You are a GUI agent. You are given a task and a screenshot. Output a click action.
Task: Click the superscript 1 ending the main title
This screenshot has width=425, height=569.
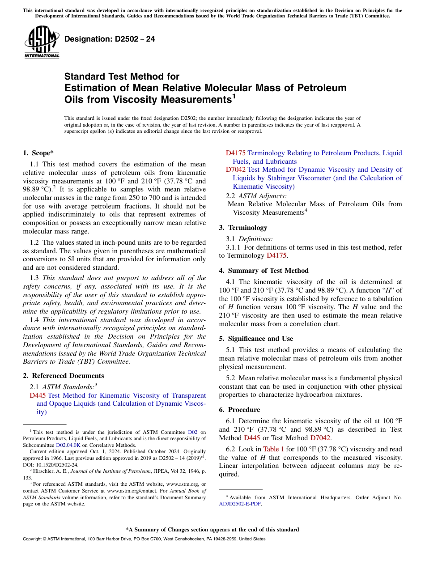(x=234, y=96)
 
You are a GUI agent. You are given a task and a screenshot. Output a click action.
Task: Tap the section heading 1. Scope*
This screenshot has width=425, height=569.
(x=38, y=153)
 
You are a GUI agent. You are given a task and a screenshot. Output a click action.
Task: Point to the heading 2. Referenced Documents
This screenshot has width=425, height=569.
(x=63, y=376)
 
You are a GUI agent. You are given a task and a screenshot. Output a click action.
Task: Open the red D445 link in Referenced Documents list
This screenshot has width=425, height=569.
(x=38, y=395)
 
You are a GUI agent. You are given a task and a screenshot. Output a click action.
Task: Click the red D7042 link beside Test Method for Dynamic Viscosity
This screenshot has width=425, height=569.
(x=235, y=170)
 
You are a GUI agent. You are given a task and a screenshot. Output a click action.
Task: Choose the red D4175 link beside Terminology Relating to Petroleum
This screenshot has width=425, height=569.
(x=235, y=153)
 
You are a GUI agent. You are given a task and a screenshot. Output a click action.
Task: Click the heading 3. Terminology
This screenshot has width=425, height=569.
(x=243, y=227)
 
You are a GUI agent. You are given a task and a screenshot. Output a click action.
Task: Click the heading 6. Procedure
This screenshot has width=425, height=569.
(x=239, y=410)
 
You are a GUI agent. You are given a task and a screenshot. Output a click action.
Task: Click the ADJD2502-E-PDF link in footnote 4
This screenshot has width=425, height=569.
(x=239, y=503)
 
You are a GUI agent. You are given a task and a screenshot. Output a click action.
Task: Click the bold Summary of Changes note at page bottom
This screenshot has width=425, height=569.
(x=212, y=530)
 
